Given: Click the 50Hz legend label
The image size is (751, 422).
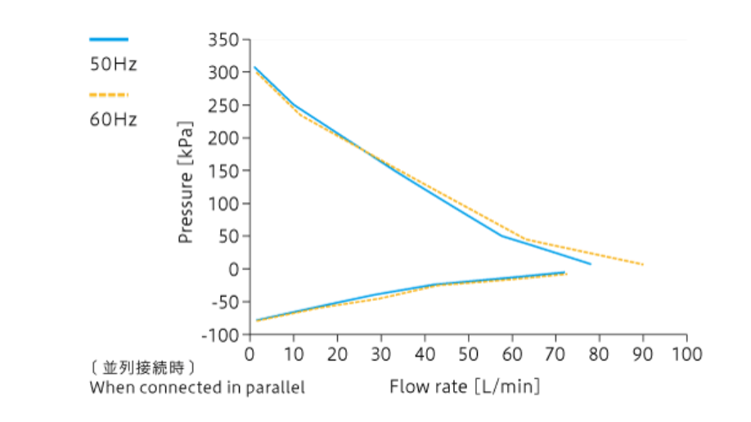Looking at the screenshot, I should click(113, 65).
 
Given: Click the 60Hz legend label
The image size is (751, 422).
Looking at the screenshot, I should click(113, 119).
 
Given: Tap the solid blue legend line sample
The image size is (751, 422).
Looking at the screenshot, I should click(109, 39).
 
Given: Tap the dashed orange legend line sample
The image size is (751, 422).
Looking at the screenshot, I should click(109, 95).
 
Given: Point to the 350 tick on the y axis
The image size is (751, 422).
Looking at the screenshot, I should click(223, 40).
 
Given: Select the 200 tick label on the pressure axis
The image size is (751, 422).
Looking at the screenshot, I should click(223, 138).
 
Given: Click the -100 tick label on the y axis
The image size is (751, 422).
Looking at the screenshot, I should click(219, 334).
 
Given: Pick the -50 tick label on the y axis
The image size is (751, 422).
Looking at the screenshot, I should click(222, 302).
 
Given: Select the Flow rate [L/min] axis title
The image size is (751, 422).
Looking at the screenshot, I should click(465, 385).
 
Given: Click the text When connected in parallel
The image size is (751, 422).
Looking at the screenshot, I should click(197, 387).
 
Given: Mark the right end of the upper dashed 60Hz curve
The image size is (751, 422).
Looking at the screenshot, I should click(643, 264).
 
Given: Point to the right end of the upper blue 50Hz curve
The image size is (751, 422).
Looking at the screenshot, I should click(590, 263).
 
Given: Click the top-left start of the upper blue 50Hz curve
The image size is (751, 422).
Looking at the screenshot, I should click(254, 67).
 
